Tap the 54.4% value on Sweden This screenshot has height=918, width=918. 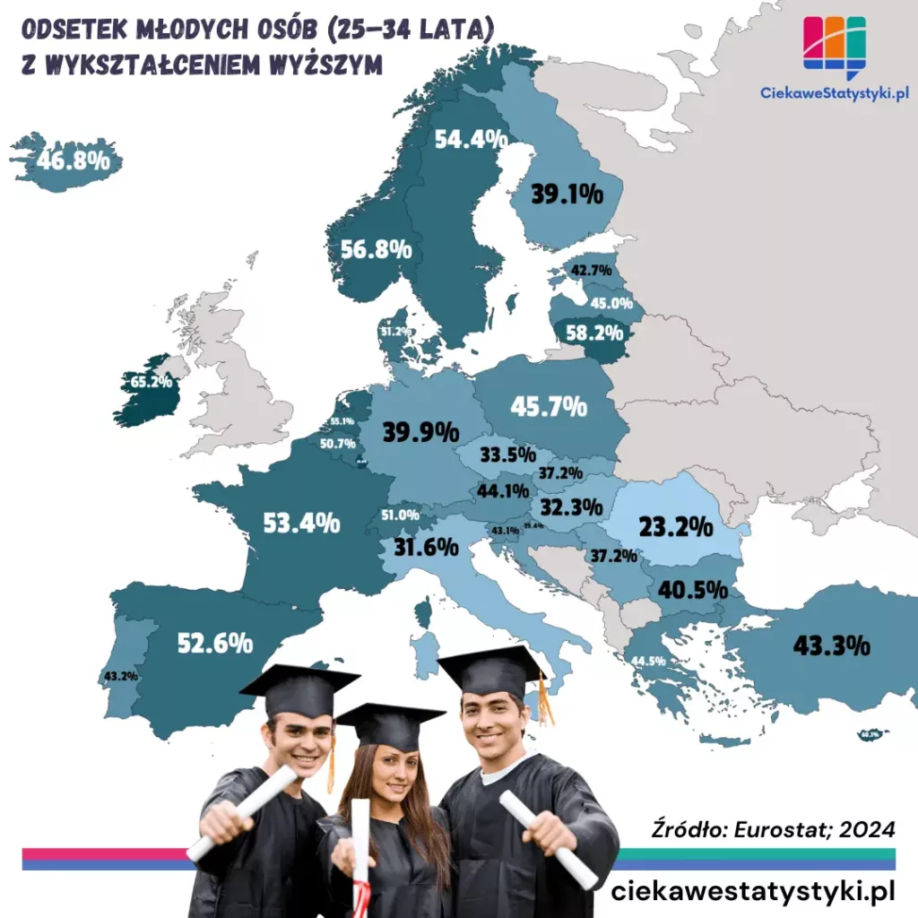tap(471, 139)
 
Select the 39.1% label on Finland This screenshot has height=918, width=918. tap(567, 195)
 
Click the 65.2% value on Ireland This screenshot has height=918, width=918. tap(151, 382)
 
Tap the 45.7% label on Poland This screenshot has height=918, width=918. tap(549, 406)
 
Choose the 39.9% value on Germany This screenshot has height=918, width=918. tap(420, 432)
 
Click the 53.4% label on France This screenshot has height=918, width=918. tap(301, 522)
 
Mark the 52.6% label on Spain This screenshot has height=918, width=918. tap(214, 643)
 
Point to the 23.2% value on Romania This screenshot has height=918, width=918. tap(675, 526)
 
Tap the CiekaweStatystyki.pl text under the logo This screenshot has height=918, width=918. tap(835, 91)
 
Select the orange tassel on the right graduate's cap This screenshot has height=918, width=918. tap(544, 699)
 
